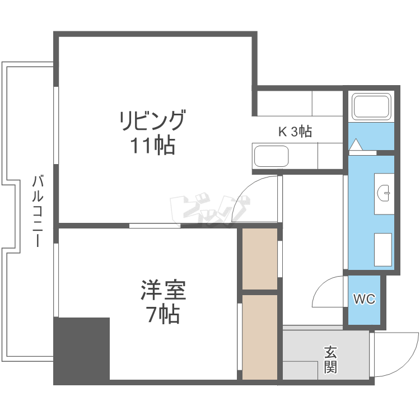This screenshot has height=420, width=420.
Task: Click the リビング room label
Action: pos(152,121)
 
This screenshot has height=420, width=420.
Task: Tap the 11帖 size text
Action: pos(152,146)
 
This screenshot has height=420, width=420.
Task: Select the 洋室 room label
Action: pos(162,291)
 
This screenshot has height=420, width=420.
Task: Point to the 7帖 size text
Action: pos(163,315)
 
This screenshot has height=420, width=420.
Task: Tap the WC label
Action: pos(363,299)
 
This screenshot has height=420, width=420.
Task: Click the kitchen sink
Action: pos(271,156)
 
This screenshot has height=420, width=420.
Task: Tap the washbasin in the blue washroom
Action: pos(385,193)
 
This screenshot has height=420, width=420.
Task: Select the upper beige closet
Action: pos(260,259)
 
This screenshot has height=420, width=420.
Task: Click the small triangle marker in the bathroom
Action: pos(355,145)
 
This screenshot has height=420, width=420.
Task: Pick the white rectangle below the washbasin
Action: pos(384,249)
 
